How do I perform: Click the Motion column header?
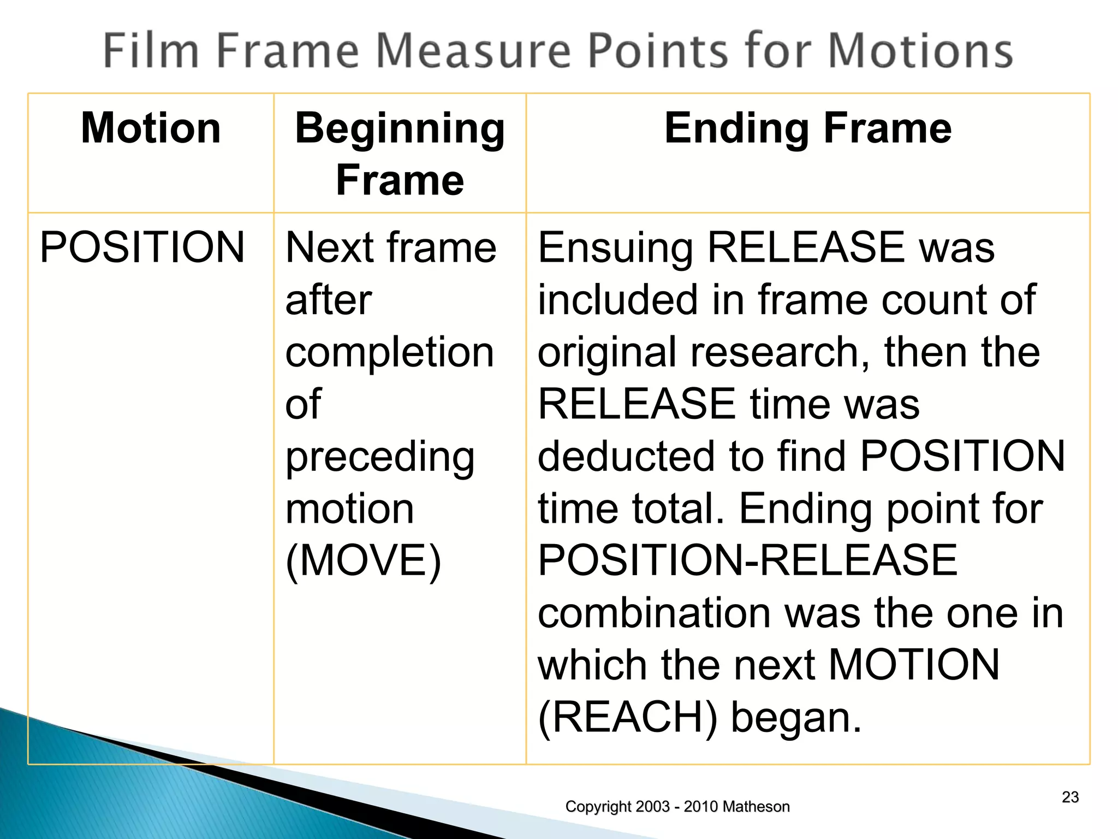tap(151, 128)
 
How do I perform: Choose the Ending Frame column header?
tap(808, 128)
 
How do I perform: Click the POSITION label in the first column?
tap(142, 247)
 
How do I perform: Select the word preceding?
tap(380, 458)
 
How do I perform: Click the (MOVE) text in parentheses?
tap(363, 561)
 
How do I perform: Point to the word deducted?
tap(627, 456)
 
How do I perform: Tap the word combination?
tap(654, 613)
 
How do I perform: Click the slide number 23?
tap(1070, 797)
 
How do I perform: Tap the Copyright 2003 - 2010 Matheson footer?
tap(677, 806)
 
